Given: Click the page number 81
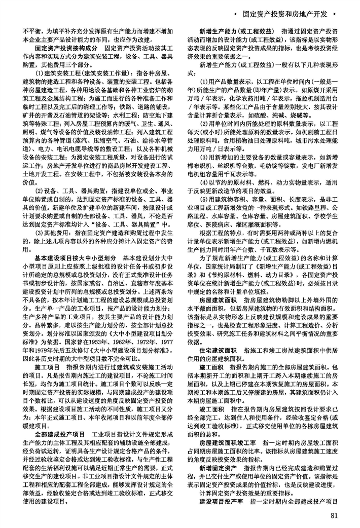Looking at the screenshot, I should pyautogui.click(x=334, y=516).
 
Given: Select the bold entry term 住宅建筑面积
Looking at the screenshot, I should pyautogui.click(x=221, y=364).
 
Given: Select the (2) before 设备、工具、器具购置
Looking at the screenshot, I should pyautogui.click(x=40, y=191).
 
